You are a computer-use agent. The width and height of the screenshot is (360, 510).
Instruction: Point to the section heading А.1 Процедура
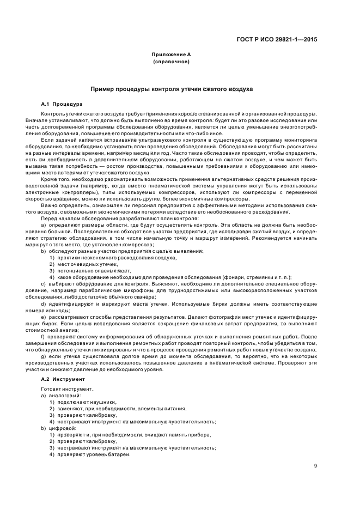62,103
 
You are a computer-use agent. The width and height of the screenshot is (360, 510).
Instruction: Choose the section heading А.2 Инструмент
63,378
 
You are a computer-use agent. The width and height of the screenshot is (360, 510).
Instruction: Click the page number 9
316,465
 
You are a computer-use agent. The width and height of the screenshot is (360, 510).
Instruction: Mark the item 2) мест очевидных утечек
83,264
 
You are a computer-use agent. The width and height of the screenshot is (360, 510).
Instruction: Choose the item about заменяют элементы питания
109,408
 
